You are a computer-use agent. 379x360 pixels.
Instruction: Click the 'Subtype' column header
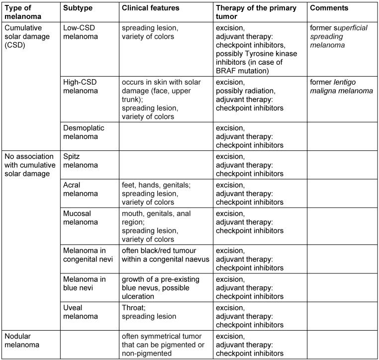point(78,8)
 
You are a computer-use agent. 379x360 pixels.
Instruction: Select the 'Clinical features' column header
point(151,8)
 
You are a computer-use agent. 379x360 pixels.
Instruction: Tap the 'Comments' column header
point(329,8)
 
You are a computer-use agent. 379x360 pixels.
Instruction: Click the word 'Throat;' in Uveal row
point(134,308)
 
